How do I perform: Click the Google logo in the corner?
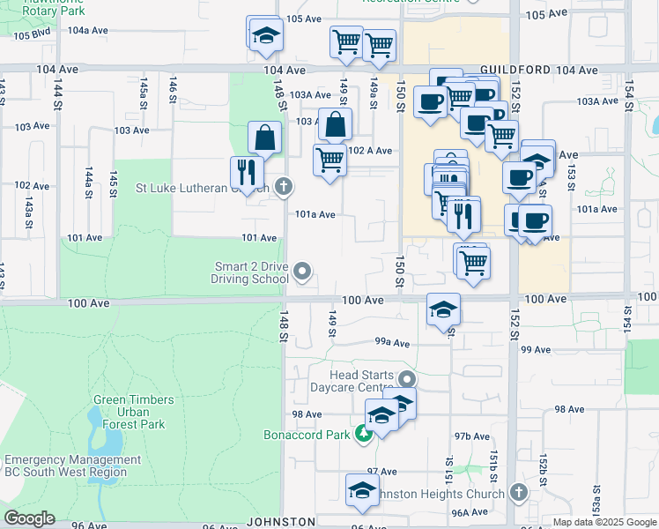pos(29,518)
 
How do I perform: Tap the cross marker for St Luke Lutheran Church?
pos(283,186)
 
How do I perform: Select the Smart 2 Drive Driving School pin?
pos(302,272)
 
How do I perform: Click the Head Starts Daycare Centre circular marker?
pos(406,379)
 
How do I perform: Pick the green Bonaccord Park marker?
pos(363,434)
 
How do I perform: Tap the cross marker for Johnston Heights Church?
pos(519,493)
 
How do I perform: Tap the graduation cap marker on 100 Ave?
pos(443,309)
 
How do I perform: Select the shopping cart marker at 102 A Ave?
pos(329,160)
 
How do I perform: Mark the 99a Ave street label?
pos(393,343)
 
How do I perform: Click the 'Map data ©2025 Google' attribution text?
pos(603,522)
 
